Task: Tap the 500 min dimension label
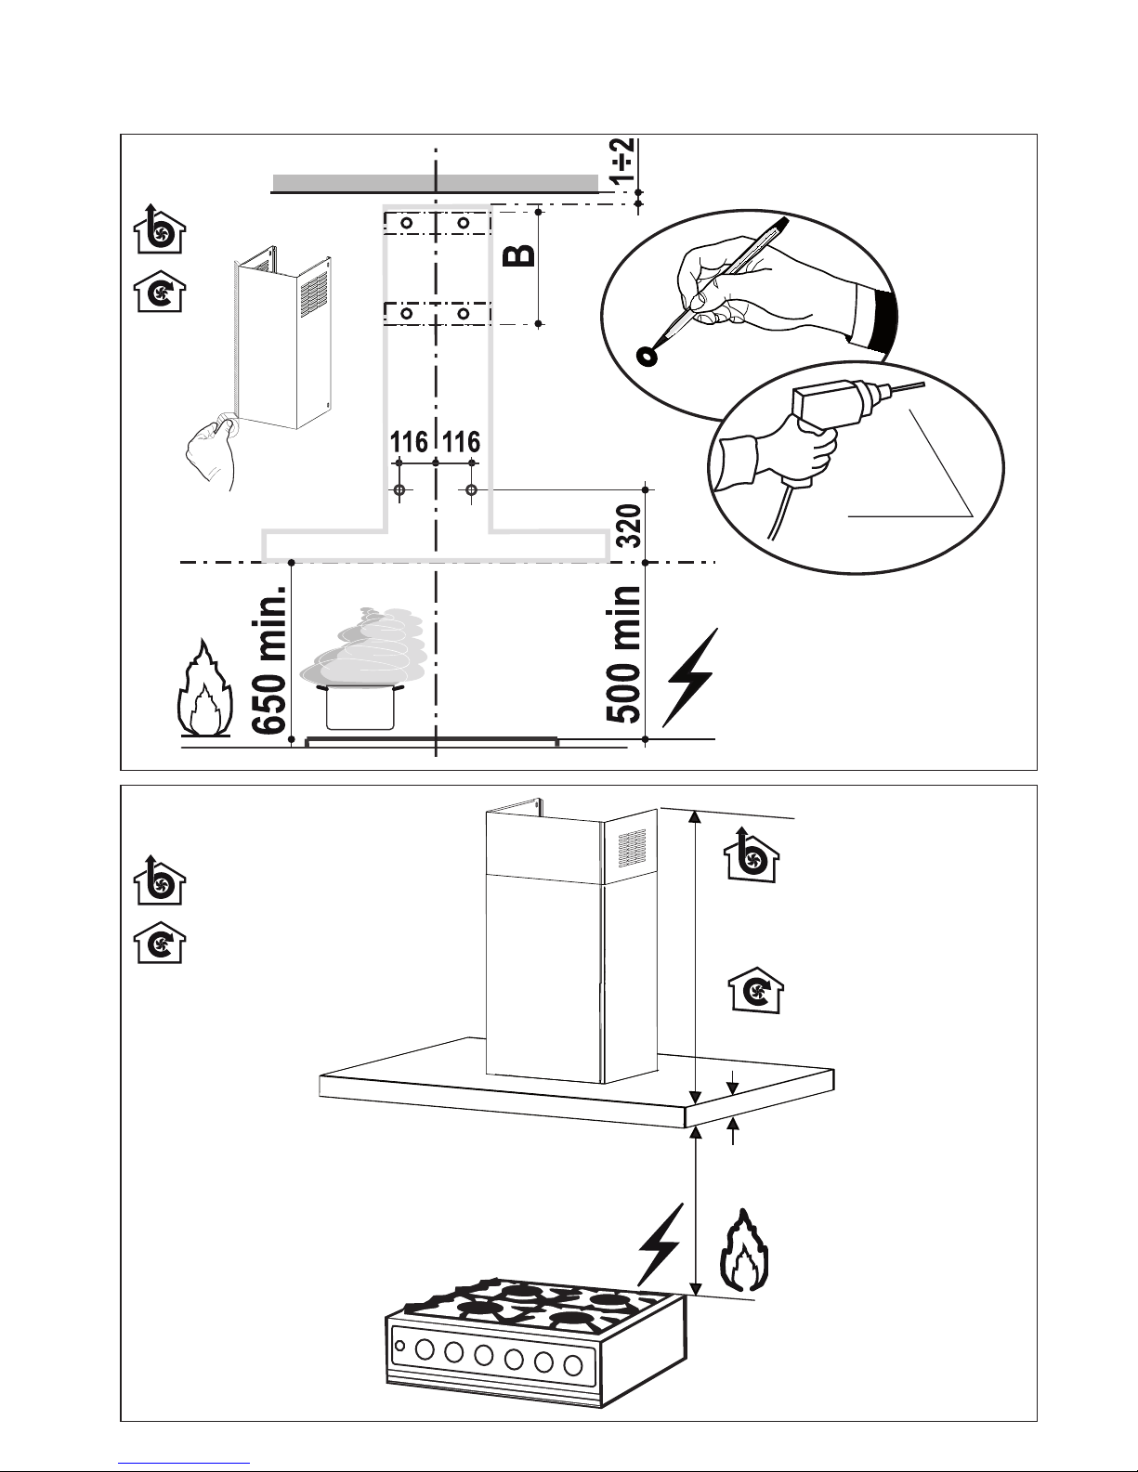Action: point(622,656)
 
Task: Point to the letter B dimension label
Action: point(519,255)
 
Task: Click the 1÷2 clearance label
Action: point(621,161)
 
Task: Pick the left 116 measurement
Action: point(409,442)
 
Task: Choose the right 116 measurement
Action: point(462,442)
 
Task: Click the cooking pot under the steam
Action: point(360,707)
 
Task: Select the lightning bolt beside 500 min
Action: point(689,677)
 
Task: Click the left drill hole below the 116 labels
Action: point(399,489)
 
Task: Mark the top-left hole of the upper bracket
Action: point(407,223)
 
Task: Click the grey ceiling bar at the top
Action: point(436,183)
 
